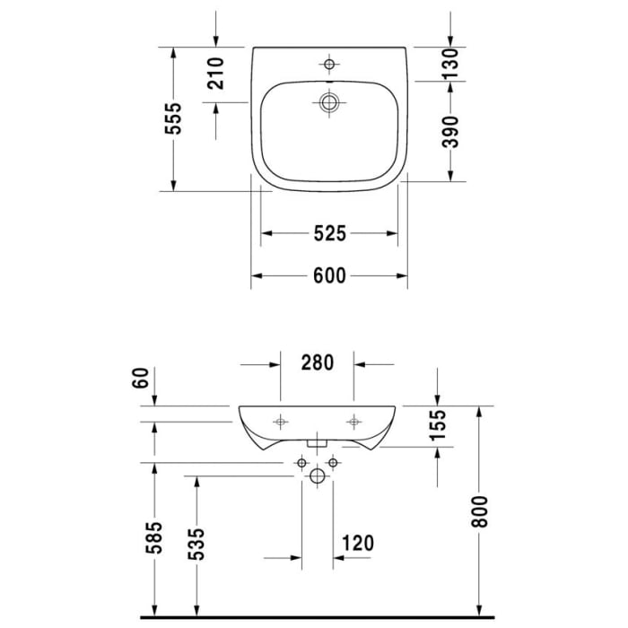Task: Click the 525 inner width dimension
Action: (329, 234)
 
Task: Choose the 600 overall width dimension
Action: (329, 276)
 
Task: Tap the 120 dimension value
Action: (356, 543)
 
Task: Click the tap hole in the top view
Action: (329, 65)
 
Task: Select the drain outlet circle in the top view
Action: (329, 101)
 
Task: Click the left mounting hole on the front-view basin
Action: (281, 421)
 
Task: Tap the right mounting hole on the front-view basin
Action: (355, 421)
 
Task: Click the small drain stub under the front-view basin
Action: (317, 442)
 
